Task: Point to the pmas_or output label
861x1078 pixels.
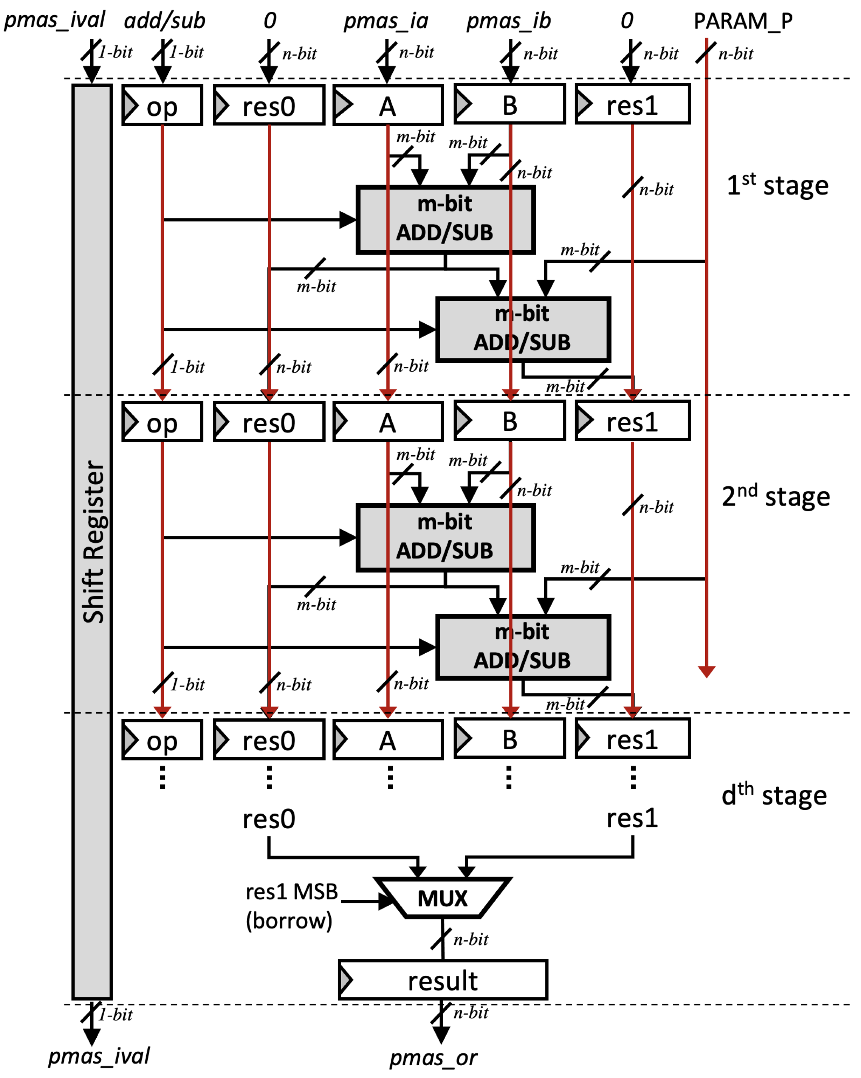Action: click(433, 1058)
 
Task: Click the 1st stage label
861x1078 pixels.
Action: click(777, 185)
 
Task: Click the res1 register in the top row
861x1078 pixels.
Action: click(632, 105)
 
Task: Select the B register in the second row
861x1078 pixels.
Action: click(509, 421)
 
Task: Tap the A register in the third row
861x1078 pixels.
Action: click(388, 740)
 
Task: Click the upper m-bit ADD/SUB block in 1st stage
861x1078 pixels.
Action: click(445, 219)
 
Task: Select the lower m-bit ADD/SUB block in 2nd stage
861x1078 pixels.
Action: click(523, 646)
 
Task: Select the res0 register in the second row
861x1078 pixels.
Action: click(269, 422)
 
